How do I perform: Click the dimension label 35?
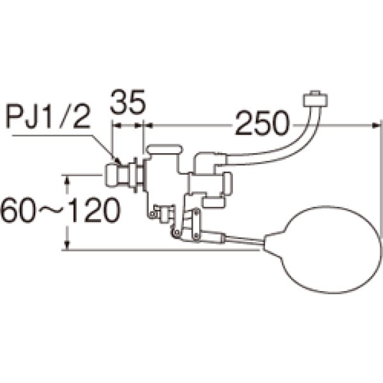coord(128,102)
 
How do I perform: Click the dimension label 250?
coord(262,124)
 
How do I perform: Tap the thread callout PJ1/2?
coord(49,117)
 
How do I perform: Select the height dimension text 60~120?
coord(61,210)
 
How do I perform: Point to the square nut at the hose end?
coord(315,99)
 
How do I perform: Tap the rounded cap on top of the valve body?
coord(164,149)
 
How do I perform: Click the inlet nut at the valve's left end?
coord(112,176)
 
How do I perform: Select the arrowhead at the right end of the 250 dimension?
coord(377,126)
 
